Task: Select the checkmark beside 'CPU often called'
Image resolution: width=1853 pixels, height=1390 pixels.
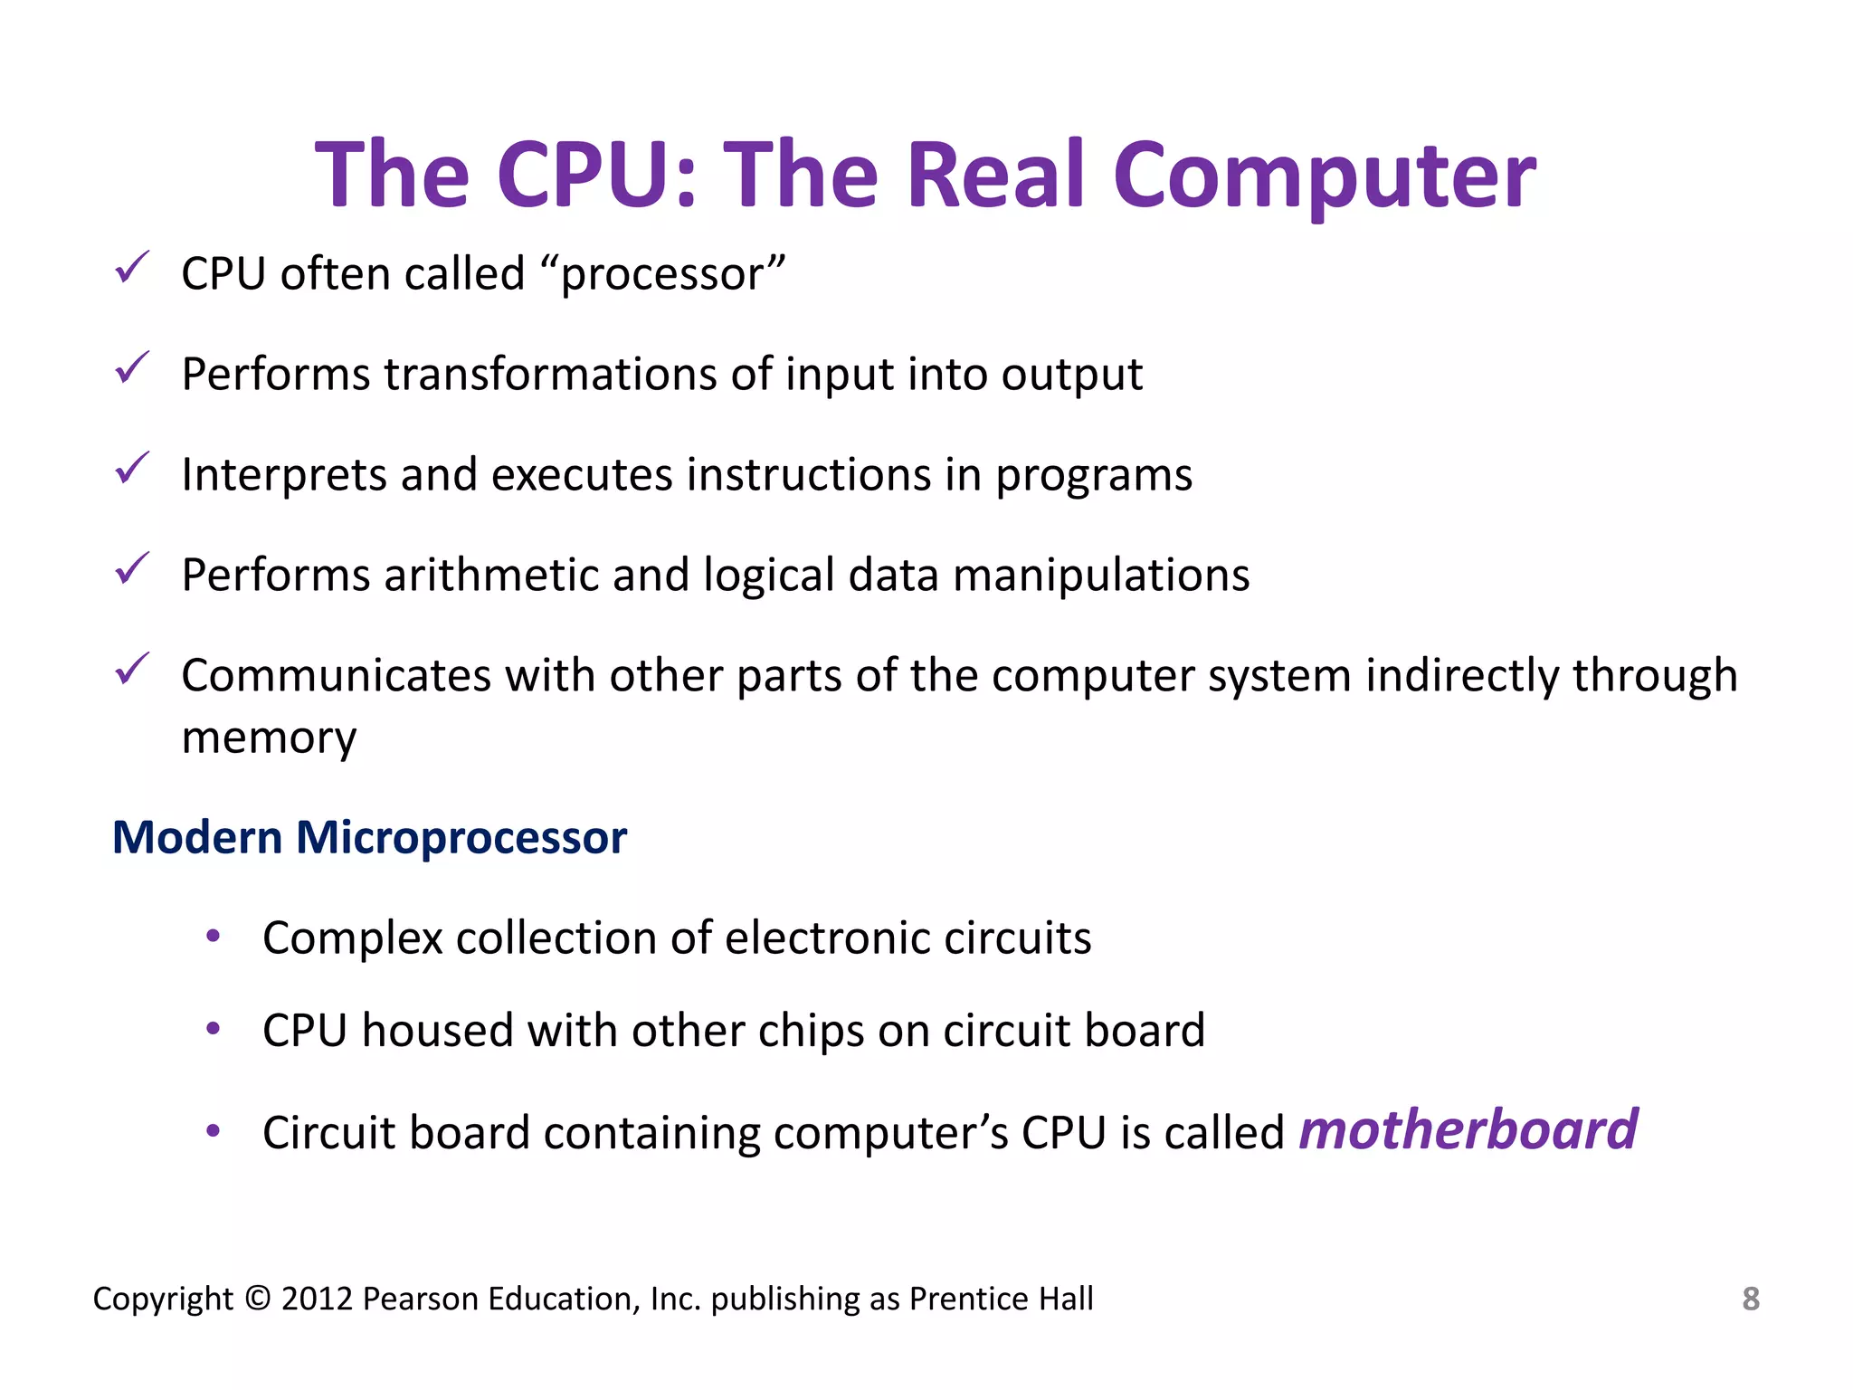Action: point(132,269)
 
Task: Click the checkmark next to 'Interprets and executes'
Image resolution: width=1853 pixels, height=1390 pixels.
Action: point(132,469)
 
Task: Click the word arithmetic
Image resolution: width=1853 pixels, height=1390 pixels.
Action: point(489,576)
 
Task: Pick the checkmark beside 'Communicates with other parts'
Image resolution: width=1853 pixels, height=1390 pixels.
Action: point(132,670)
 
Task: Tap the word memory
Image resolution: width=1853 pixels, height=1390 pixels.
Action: point(269,738)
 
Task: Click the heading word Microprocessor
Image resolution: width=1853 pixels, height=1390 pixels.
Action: point(461,838)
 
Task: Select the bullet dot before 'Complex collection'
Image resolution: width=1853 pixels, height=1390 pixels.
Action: point(214,936)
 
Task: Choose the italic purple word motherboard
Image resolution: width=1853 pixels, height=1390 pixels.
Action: point(1468,1130)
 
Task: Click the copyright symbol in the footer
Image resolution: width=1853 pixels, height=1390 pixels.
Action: point(257,1299)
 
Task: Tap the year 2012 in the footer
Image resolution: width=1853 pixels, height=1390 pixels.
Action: point(317,1299)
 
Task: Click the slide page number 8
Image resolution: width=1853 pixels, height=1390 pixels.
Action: point(1750,1299)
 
